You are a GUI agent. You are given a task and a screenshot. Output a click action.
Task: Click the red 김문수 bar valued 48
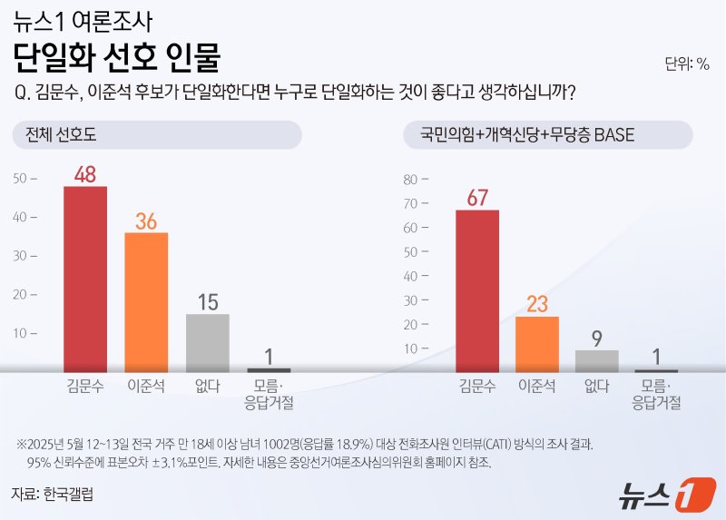point(85,278)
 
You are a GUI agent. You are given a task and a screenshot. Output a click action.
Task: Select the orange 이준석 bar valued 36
point(146,300)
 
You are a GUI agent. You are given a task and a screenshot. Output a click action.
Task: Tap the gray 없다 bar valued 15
point(207,342)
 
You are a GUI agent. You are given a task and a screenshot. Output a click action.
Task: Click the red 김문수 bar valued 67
point(477,289)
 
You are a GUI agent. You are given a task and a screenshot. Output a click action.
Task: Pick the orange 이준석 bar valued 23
point(537,343)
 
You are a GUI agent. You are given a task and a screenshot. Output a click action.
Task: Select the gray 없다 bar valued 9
point(596,360)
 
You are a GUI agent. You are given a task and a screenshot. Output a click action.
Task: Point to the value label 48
point(85,173)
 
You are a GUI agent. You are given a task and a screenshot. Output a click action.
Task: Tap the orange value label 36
point(146,221)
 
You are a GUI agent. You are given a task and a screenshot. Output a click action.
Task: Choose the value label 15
point(207,301)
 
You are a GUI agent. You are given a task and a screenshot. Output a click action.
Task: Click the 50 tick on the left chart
point(25,179)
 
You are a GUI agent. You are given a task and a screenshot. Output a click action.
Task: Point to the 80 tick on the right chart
point(415,178)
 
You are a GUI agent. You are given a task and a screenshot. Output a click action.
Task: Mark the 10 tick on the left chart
point(25,333)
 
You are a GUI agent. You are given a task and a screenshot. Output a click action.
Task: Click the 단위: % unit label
point(686,64)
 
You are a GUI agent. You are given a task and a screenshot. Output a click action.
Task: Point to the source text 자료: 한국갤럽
point(54,495)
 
